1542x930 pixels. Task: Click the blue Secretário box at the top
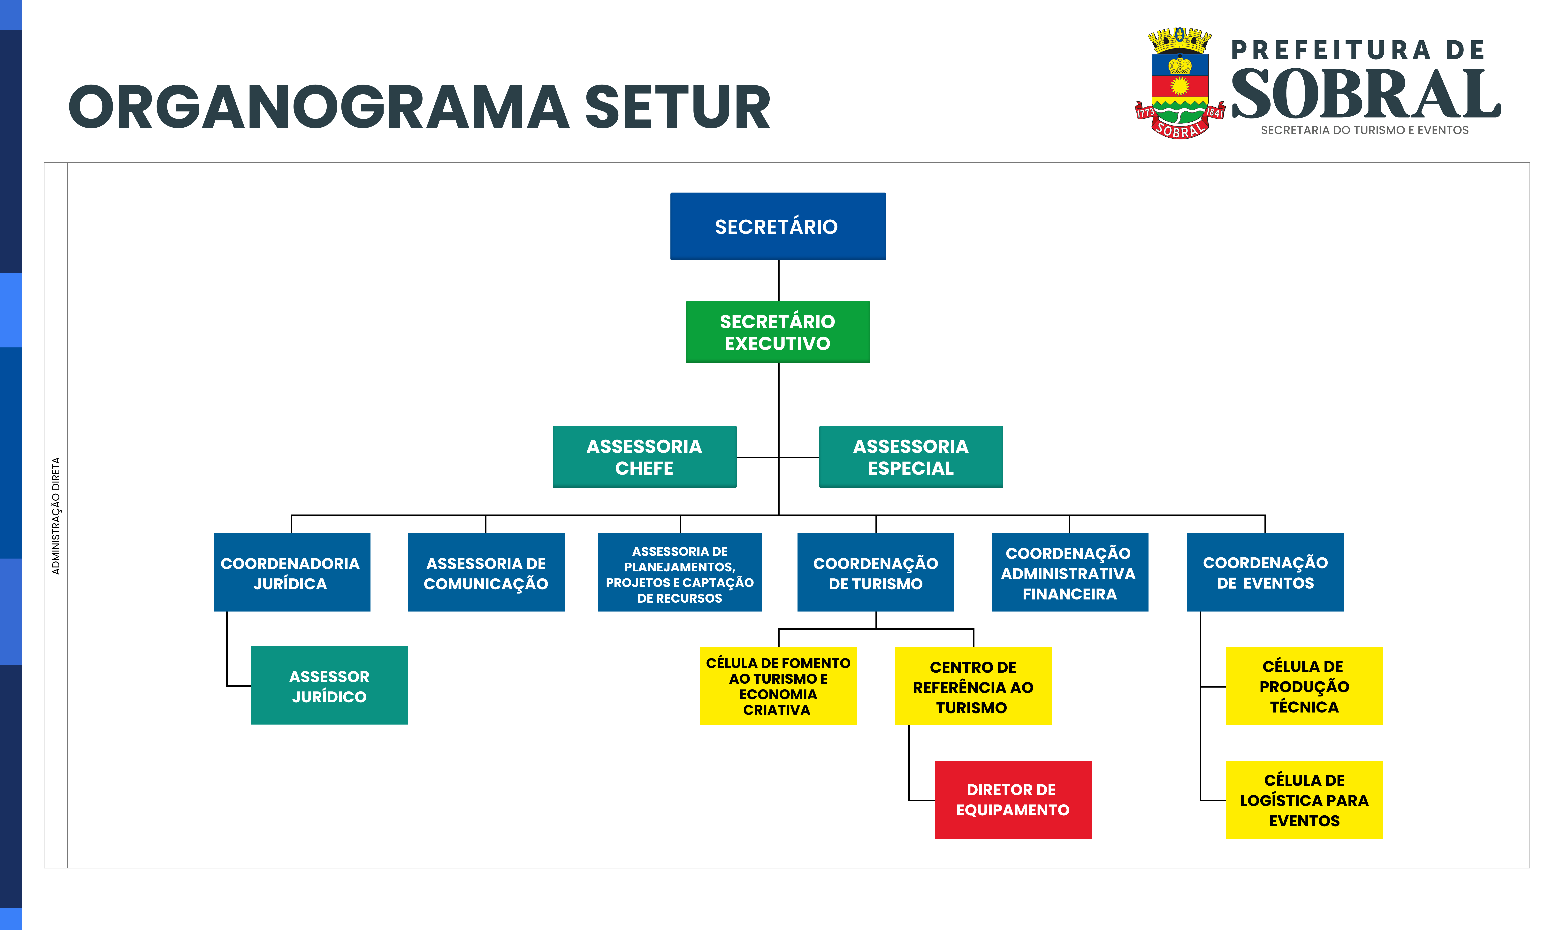coord(778,226)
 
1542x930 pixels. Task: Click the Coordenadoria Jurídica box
coord(292,572)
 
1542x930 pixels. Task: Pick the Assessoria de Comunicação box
coord(486,572)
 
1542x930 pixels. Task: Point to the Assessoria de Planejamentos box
coord(680,572)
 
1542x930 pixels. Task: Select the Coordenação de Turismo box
coord(875,572)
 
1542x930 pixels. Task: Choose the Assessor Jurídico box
coord(329,685)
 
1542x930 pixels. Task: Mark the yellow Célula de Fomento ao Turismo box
coord(778,686)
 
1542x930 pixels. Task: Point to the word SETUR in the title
coord(677,108)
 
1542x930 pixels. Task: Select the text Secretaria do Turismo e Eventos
coord(1364,130)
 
